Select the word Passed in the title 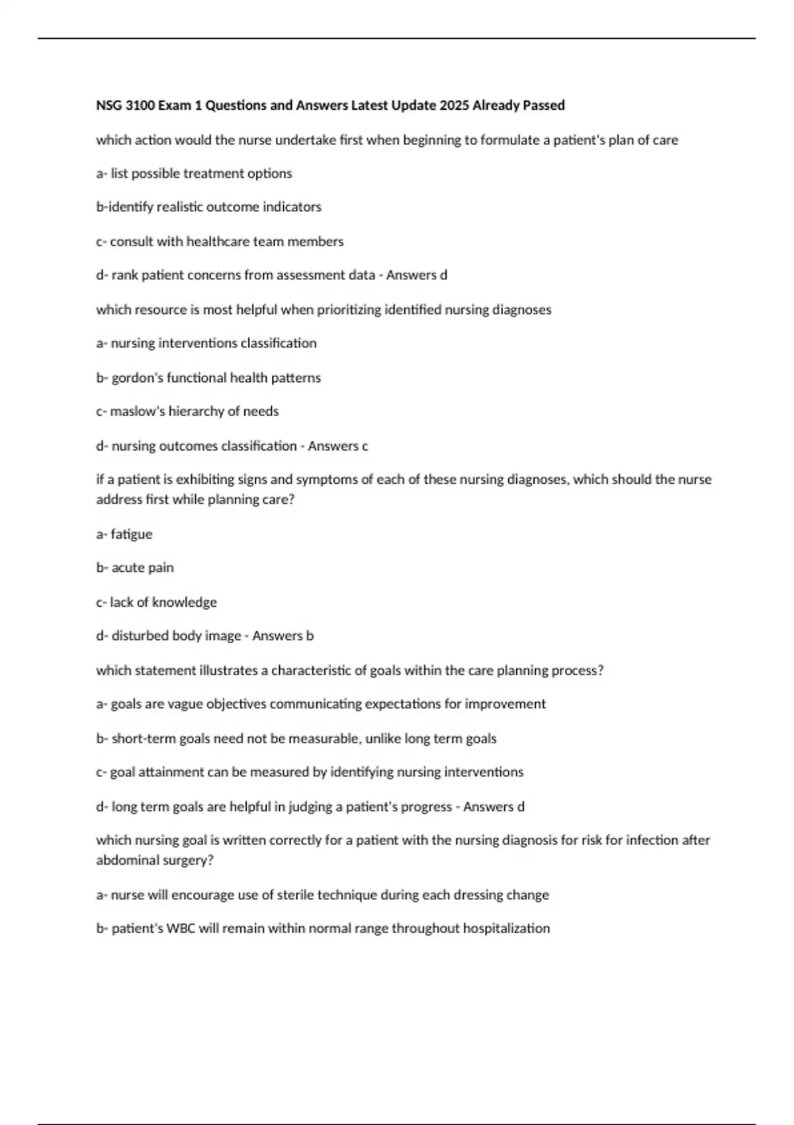[x=543, y=105]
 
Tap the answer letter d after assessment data [x=443, y=275]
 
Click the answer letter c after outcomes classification [x=365, y=446]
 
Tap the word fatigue [x=132, y=534]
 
